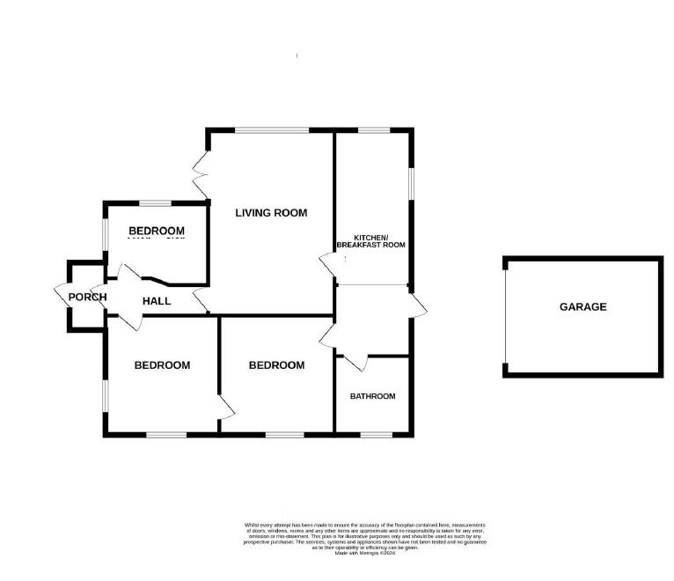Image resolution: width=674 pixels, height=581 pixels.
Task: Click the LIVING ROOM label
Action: [x=270, y=212]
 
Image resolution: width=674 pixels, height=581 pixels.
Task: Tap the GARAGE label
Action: [x=582, y=307]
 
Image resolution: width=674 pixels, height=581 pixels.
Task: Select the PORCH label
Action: [x=87, y=297]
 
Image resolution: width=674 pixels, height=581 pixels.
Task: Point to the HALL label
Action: [x=157, y=301]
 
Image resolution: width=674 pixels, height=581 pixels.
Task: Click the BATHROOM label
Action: [x=372, y=396]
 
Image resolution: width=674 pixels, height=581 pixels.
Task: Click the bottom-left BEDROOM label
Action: [x=162, y=365]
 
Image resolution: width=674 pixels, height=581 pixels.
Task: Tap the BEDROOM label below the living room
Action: [x=276, y=365]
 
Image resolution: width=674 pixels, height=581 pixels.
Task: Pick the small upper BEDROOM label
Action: [x=157, y=232]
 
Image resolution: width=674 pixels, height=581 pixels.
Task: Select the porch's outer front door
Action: [x=62, y=296]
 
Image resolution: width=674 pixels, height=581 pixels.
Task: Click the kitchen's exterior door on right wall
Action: [x=417, y=303]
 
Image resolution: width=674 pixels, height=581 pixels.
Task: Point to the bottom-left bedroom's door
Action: [x=225, y=407]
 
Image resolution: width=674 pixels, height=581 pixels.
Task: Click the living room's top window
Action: [x=271, y=131]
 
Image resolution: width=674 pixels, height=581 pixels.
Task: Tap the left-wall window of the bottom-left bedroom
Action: [x=106, y=393]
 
